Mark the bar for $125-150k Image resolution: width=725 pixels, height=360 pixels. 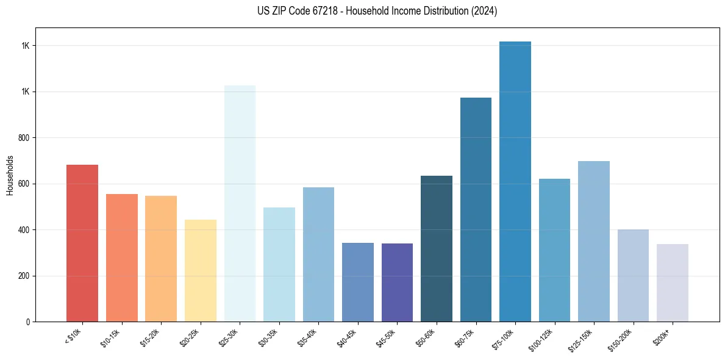tap(594, 241)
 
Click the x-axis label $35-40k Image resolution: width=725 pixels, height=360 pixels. tap(309, 338)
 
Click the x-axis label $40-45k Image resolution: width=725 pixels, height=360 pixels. tap(348, 338)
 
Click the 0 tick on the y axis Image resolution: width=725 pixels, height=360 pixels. tap(29, 322)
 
